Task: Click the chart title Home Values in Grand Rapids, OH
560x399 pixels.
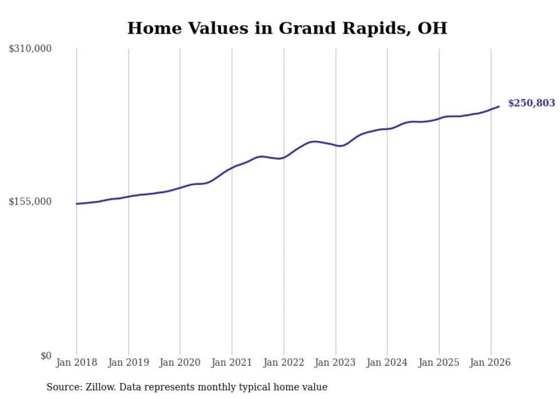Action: coord(287,28)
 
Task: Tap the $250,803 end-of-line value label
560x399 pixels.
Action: coord(531,103)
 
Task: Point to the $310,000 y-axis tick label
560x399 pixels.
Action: coord(30,49)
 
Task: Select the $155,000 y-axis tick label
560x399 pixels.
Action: coord(30,201)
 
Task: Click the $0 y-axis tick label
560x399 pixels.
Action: coord(46,356)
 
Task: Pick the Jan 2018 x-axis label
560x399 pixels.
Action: coord(77,362)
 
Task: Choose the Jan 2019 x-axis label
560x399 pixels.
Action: coord(129,362)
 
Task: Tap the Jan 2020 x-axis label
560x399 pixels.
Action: coord(180,362)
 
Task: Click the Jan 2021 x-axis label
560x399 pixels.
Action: coord(232,362)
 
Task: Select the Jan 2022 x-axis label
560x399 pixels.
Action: coord(284,362)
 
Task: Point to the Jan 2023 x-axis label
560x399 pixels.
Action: coord(335,362)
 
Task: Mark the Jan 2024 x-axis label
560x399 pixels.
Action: coord(387,362)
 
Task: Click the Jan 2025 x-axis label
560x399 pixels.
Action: coord(439,362)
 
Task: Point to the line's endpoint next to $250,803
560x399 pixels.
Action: coord(499,106)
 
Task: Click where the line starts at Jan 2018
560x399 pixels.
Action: coord(77,204)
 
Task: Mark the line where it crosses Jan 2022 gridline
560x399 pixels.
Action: coord(284,157)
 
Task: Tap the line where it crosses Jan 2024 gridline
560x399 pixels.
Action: coord(387,128)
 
